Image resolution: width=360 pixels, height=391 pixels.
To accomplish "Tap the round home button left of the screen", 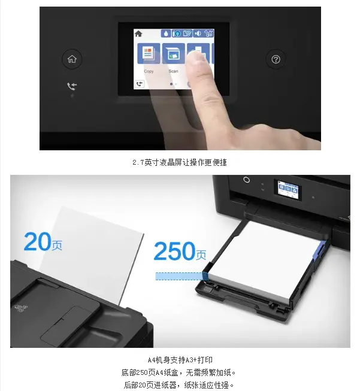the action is click(x=72, y=59).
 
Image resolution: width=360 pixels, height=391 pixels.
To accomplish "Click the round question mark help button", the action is click(x=276, y=59).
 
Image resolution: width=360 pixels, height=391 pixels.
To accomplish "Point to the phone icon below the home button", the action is click(x=72, y=86).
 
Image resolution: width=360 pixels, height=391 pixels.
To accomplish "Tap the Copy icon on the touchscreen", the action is click(x=149, y=53).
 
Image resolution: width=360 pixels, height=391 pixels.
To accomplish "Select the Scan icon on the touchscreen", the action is click(x=173, y=53).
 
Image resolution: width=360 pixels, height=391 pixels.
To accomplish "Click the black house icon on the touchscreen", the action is click(x=138, y=34).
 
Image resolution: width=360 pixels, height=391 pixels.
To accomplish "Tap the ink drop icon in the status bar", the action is click(x=166, y=34).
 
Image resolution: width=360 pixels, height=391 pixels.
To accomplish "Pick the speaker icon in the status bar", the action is click(x=198, y=34).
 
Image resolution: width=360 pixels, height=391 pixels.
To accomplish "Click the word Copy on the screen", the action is click(x=149, y=71).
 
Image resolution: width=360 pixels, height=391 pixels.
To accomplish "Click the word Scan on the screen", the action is click(x=173, y=71).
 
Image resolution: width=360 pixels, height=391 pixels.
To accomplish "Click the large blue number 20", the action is click(x=37, y=241).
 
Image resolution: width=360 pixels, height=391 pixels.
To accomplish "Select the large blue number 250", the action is click(x=174, y=251).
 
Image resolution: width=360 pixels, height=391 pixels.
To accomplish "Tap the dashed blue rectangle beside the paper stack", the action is click(x=181, y=276).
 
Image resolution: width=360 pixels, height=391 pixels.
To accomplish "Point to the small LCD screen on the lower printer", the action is click(x=288, y=189).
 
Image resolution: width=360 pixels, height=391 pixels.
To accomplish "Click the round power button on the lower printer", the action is click(x=246, y=180).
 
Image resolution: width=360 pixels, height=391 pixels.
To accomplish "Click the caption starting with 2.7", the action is click(x=180, y=163).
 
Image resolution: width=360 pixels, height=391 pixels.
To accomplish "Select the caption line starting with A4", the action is click(x=180, y=360).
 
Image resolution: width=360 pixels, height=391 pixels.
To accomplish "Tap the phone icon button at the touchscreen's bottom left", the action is click(x=140, y=84).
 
